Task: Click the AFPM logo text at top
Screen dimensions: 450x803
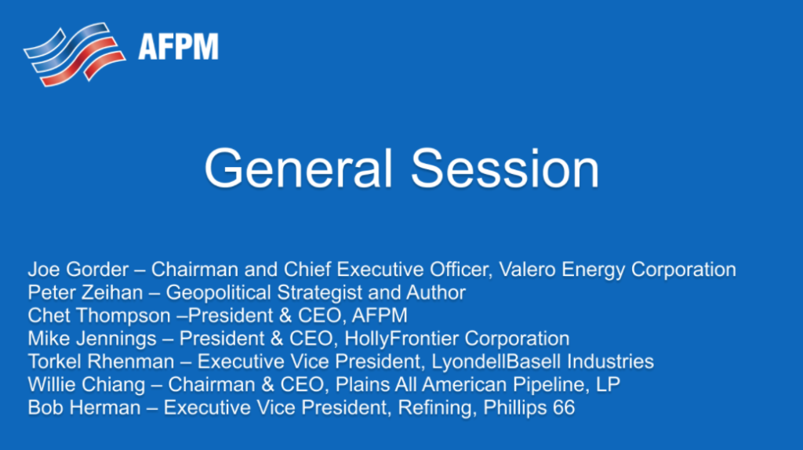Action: point(178,46)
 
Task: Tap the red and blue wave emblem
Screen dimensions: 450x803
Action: point(75,53)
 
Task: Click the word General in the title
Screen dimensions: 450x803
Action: point(298,168)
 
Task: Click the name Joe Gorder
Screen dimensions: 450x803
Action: point(77,270)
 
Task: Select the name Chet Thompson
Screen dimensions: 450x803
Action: point(97,316)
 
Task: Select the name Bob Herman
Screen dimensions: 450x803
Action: point(83,408)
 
